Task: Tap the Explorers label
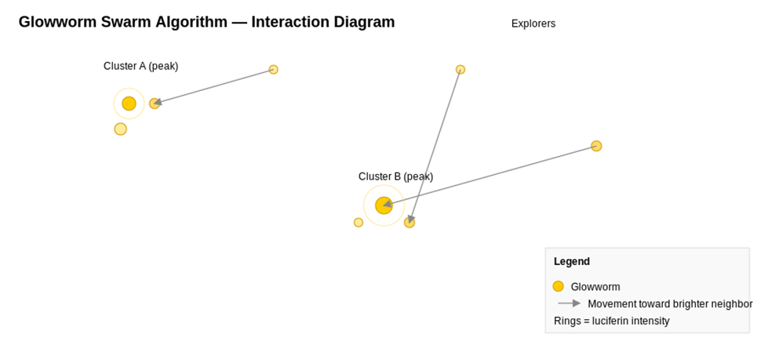[x=533, y=24]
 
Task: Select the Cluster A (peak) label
[x=141, y=66]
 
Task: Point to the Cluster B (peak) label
[x=395, y=176]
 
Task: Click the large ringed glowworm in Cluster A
[x=129, y=104]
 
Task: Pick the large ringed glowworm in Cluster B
[x=384, y=205]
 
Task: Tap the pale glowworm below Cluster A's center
[x=121, y=129]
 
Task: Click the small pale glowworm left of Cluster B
[x=359, y=223]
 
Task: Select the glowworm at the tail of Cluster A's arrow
[x=274, y=70]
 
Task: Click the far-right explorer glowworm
[x=596, y=146]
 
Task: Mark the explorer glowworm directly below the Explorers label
[x=460, y=70]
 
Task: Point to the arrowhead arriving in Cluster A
[x=158, y=103]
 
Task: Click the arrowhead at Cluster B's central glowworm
[x=388, y=204]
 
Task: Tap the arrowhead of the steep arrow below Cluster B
[x=411, y=219]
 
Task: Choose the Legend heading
[x=572, y=261]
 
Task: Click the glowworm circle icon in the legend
[x=559, y=286]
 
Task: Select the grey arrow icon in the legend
[x=570, y=304]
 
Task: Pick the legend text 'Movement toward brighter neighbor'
[x=670, y=304]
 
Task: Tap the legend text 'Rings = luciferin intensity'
[x=612, y=322]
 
